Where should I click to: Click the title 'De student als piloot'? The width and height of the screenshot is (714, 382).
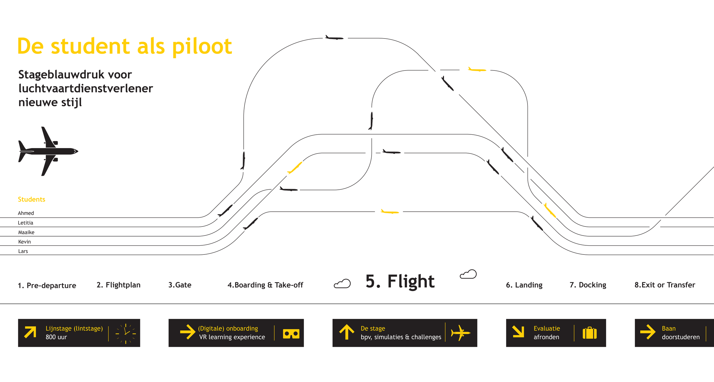point(125,46)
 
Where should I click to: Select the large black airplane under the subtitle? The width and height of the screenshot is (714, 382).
point(48,151)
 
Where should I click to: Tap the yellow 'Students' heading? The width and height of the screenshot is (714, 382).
point(31,199)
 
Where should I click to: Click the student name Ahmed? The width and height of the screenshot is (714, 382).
point(26,213)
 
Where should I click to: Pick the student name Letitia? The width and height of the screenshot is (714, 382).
point(25,223)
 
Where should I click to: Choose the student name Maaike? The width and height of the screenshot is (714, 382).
point(26,232)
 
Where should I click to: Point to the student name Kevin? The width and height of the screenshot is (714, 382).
point(25,242)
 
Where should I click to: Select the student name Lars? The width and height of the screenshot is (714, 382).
point(23,251)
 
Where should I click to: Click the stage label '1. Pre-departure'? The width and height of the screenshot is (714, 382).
point(47,285)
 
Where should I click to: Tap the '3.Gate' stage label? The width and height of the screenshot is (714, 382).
point(180,285)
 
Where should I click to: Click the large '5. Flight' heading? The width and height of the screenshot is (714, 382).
point(400,282)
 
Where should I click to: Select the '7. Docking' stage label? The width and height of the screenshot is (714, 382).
point(588,285)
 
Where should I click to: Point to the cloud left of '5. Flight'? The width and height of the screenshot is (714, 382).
point(342,284)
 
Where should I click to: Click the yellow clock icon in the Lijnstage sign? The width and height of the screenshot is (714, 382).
point(126,334)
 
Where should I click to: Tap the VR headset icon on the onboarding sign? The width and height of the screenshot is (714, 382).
point(291,334)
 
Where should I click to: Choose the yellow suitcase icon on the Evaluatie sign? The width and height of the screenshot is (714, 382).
point(589,333)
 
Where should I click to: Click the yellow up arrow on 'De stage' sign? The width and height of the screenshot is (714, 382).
point(347,332)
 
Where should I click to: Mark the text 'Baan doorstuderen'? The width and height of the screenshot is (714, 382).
point(681,333)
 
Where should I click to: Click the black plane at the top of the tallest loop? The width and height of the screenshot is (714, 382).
point(334,38)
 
